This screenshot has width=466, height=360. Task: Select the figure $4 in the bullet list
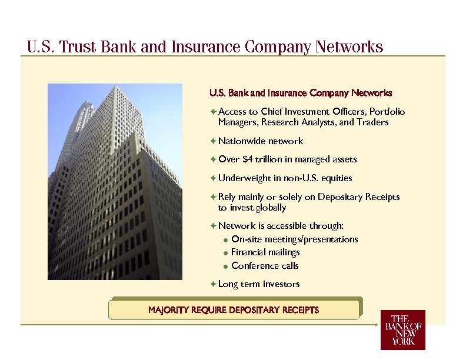248,159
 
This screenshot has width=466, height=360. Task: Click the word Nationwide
242,141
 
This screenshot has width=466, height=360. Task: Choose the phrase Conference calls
265,266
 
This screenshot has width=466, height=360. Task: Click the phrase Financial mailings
265,252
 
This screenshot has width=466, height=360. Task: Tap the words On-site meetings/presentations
294,239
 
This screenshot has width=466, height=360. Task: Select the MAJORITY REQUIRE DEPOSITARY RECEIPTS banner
234,310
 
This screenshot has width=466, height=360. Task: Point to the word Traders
373,123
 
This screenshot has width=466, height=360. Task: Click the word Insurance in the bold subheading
287,93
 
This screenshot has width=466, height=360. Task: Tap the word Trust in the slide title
79,47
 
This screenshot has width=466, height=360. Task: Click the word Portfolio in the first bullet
387,112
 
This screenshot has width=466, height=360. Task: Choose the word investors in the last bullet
281,284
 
